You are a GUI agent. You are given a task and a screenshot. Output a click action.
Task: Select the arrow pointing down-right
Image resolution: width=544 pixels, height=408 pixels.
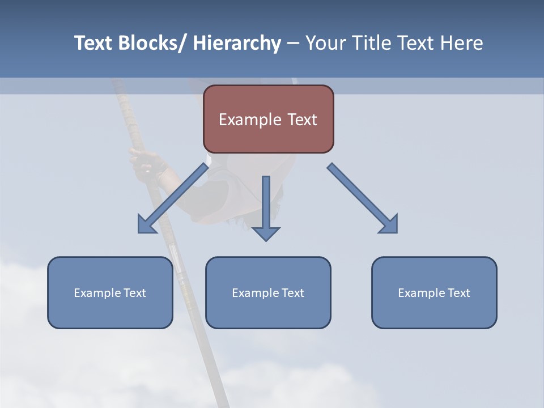[x=363, y=198]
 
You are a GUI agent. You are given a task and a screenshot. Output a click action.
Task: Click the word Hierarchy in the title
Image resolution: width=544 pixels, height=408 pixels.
[x=237, y=43]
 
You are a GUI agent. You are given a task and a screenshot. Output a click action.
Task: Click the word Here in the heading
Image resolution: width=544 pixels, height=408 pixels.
[x=462, y=43]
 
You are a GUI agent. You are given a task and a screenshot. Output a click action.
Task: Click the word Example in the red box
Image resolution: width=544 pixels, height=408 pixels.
[x=250, y=120]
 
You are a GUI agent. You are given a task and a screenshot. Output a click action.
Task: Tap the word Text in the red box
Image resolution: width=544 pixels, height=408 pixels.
[x=302, y=120]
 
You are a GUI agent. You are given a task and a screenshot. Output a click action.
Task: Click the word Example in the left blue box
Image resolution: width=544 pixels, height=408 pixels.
[x=97, y=293]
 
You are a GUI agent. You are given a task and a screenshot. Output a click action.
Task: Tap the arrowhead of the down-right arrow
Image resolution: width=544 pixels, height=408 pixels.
[x=389, y=224]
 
